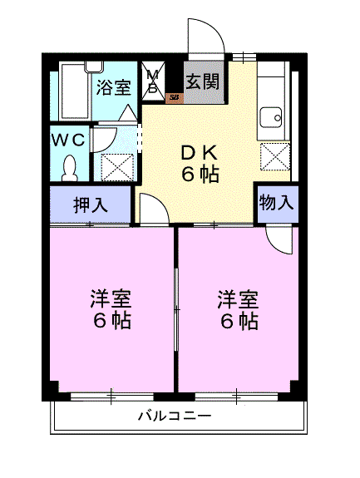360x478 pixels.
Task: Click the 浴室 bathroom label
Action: [x=114, y=88]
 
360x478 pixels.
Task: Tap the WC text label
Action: [x=68, y=140]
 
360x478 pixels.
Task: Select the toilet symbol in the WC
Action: [x=70, y=168]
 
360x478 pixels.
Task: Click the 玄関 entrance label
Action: [x=203, y=81]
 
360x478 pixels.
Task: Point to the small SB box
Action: [x=175, y=97]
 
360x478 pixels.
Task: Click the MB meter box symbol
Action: [x=153, y=81]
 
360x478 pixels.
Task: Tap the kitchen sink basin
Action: [x=271, y=118]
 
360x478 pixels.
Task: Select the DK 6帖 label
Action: [x=200, y=163]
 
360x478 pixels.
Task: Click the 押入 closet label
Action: [x=91, y=205]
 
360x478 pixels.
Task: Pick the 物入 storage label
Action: [x=277, y=202]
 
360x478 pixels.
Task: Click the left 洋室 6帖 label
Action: [x=111, y=309]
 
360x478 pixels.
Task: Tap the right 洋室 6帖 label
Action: [x=239, y=309]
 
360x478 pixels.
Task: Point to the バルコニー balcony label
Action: [x=175, y=416]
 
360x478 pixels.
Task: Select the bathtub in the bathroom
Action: [x=74, y=91]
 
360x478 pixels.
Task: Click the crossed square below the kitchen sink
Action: [x=275, y=156]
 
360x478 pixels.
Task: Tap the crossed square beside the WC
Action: [x=117, y=167]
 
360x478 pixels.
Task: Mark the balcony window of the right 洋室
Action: [x=237, y=397]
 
